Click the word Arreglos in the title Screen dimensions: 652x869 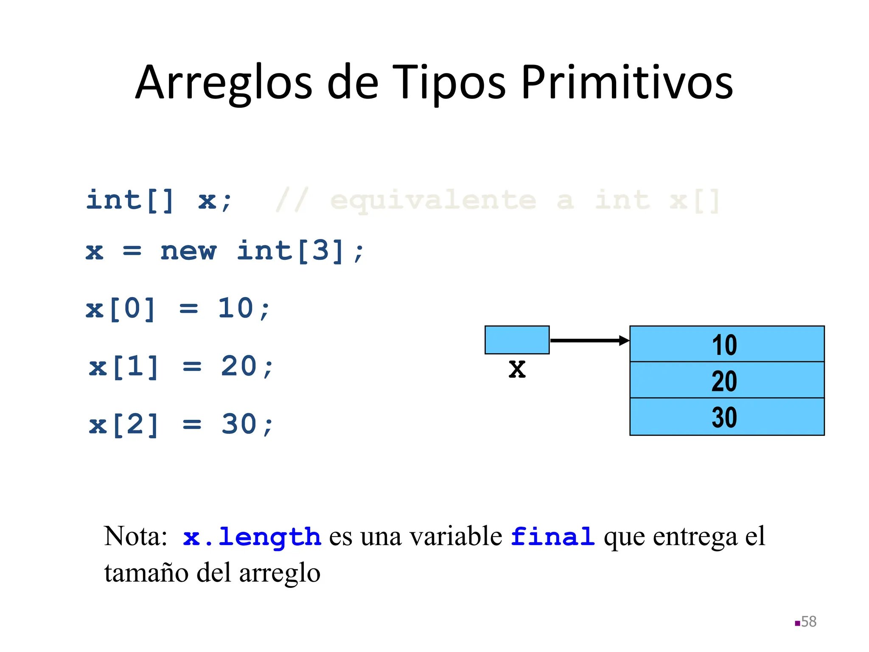click(224, 83)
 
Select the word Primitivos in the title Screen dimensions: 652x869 click(627, 83)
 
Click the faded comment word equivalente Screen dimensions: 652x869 click(433, 201)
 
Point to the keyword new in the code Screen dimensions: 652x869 click(188, 251)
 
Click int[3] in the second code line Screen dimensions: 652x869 click(290, 251)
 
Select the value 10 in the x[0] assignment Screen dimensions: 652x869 click(236, 308)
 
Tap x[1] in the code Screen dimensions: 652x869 click(123, 367)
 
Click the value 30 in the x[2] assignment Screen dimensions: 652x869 click(239, 424)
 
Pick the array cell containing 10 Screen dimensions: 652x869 click(726, 344)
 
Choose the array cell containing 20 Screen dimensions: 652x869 click(726, 380)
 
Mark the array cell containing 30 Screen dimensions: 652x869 click(726, 417)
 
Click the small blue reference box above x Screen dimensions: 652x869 click(517, 340)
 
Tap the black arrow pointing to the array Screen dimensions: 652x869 click(589, 340)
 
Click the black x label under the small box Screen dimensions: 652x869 click(517, 368)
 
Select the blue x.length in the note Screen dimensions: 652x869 click(252, 537)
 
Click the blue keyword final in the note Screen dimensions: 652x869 click(552, 537)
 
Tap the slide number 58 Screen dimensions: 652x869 click(808, 622)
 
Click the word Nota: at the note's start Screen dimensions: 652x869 click(136, 537)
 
